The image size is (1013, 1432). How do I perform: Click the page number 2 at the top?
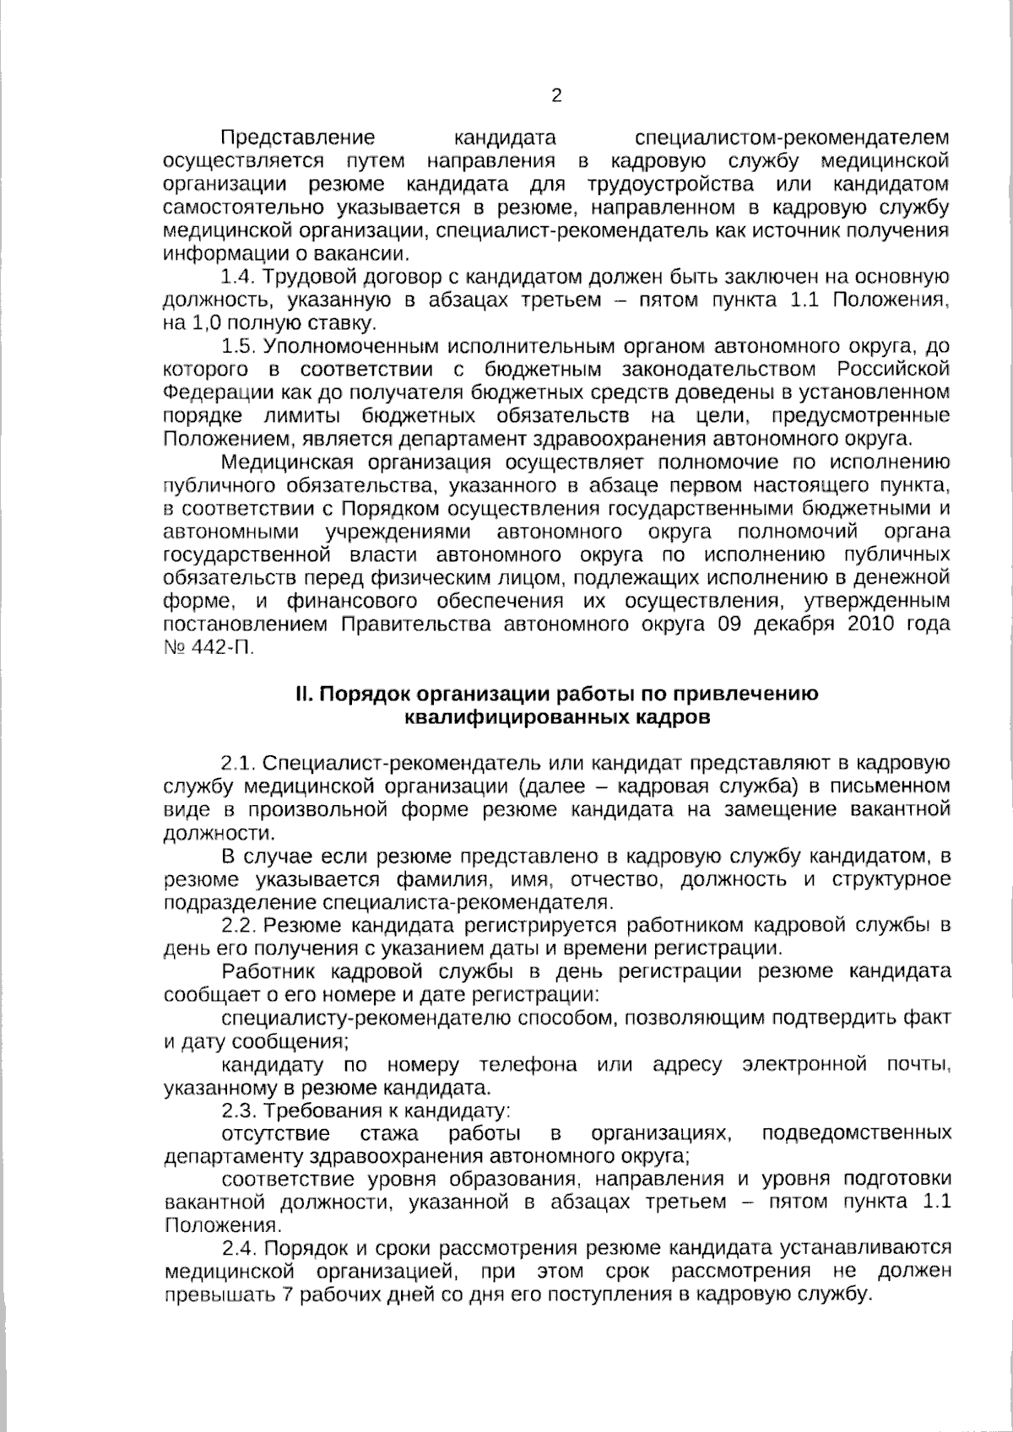point(555,95)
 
